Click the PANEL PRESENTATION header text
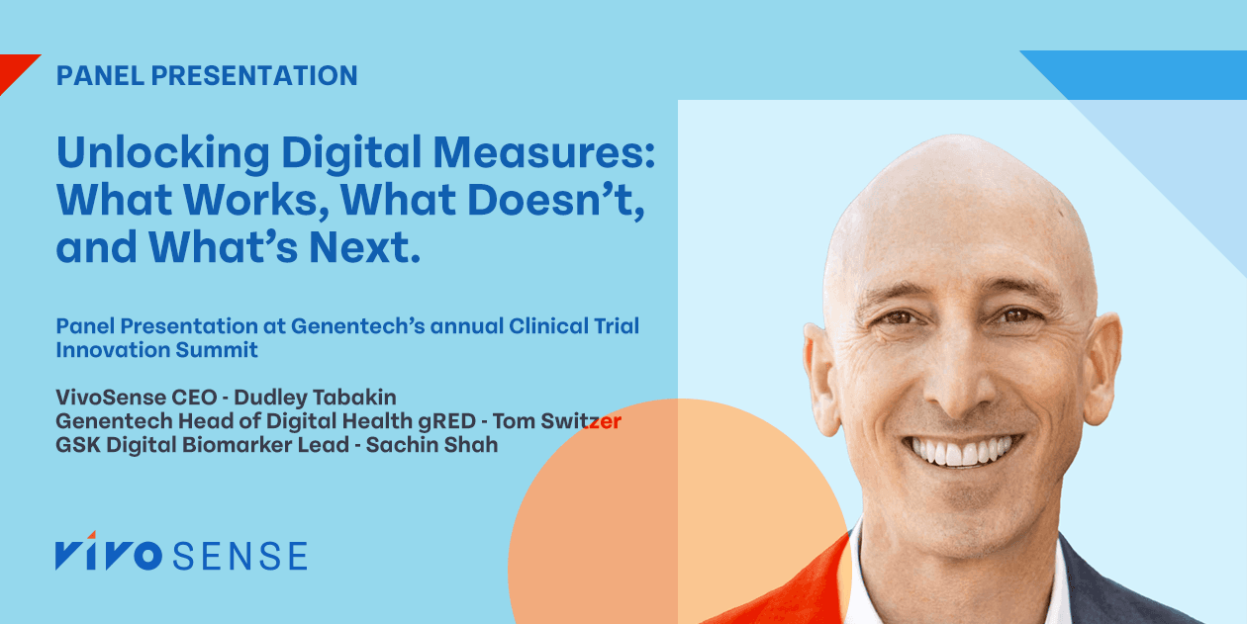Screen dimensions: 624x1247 pyautogui.click(x=207, y=75)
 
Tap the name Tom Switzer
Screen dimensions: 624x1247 pyautogui.click(x=560, y=421)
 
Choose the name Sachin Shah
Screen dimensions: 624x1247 pyautogui.click(x=432, y=444)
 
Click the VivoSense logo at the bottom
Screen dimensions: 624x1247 pyautogui.click(x=181, y=556)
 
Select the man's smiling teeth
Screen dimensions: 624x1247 pyautogui.click(x=959, y=452)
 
